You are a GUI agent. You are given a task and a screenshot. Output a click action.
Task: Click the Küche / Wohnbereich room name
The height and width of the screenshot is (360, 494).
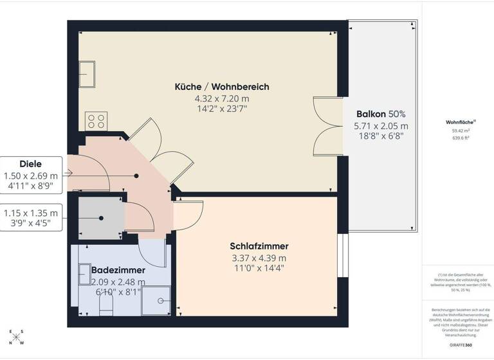click(x=222, y=87)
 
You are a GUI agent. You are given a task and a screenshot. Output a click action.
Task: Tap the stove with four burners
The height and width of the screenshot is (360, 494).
click(x=96, y=122)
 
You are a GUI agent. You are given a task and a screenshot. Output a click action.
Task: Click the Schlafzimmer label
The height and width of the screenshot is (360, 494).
click(x=259, y=246)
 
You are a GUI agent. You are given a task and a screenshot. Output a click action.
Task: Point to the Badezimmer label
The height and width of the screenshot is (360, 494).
click(x=118, y=270)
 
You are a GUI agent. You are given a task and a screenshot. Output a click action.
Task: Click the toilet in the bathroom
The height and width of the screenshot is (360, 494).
click(x=106, y=305)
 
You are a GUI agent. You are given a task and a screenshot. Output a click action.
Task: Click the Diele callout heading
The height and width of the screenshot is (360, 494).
click(x=30, y=164)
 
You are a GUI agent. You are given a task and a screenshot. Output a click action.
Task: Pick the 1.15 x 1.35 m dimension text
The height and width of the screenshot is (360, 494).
click(x=30, y=213)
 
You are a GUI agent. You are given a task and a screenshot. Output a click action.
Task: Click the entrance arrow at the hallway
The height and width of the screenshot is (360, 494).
click(x=69, y=172)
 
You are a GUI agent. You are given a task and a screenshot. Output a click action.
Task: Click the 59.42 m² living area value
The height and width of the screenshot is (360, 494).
click(x=460, y=130)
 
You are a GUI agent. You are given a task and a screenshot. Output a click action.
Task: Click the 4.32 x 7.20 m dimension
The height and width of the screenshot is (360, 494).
click(x=222, y=98)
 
